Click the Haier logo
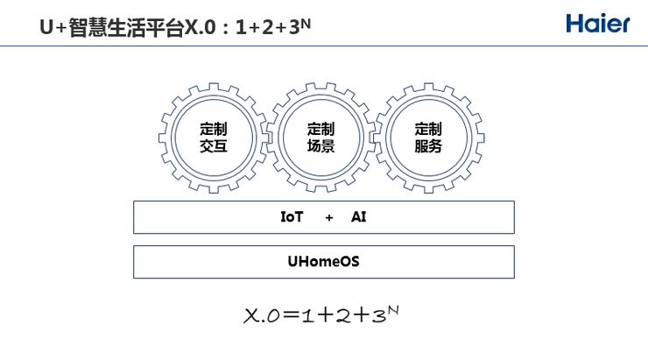tap(597, 24)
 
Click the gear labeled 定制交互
tap(213, 138)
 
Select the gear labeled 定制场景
tap(321, 138)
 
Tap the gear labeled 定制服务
tap(428, 138)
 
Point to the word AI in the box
tap(359, 216)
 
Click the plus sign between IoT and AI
tap(329, 217)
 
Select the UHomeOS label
tap(323, 261)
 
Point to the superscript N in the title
tap(306, 21)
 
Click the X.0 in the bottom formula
tap(260, 316)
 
